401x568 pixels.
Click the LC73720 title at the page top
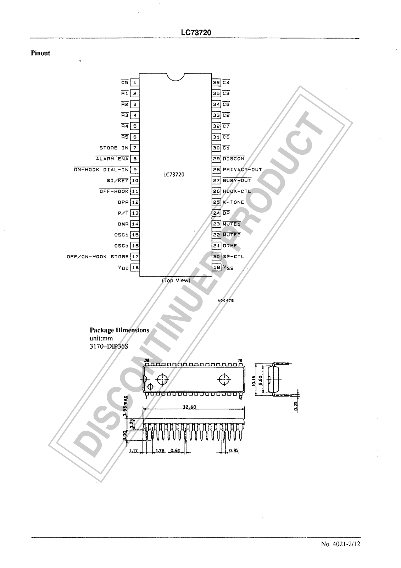196,33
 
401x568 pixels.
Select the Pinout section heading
40,53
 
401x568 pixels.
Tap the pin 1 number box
135,83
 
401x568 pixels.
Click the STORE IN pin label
114,148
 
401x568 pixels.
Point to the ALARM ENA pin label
112,159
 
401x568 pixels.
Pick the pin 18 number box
135,268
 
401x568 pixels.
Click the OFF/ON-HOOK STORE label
98,257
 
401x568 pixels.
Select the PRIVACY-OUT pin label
242,170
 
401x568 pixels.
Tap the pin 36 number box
216,83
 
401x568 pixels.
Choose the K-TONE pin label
233,202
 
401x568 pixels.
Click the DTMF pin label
229,246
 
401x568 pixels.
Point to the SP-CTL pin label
233,257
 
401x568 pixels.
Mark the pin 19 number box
216,268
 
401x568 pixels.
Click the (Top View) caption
176,280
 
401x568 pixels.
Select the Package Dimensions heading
119,330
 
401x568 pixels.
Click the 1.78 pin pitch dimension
161,451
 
